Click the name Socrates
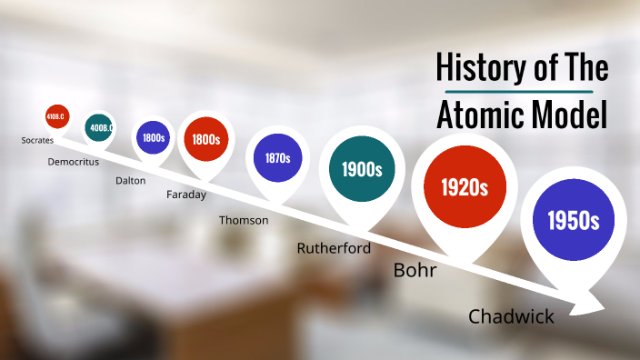(38, 141)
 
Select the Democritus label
(74, 161)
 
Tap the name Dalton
(130, 180)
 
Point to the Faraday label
(186, 195)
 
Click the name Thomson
(244, 220)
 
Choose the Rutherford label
(334, 247)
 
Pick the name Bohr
(415, 271)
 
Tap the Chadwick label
(511, 316)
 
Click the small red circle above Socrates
(57, 116)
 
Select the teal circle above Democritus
(98, 128)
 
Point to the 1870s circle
(277, 158)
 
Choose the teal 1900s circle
(361, 169)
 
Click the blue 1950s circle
(573, 220)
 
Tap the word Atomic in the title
(482, 116)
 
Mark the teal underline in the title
(519, 92)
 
